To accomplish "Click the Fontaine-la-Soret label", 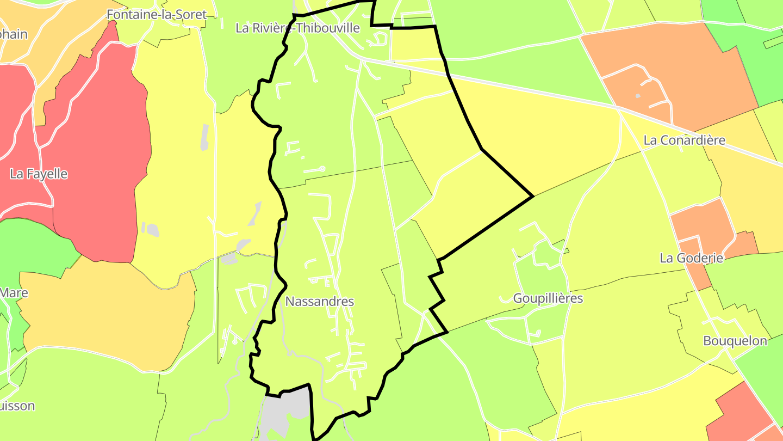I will pyautogui.click(x=157, y=15).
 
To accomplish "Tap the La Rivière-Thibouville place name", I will pyautogui.click(x=297, y=28).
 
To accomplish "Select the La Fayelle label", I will pyautogui.click(x=39, y=174).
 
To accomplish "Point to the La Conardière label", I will pyautogui.click(x=684, y=140).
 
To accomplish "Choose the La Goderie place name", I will pyautogui.click(x=691, y=258).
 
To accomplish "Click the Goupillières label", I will pyautogui.click(x=548, y=298).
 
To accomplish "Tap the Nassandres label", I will pyautogui.click(x=319, y=302).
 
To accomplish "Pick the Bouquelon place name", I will pyautogui.click(x=735, y=341).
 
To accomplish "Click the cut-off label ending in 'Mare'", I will pyautogui.click(x=14, y=293).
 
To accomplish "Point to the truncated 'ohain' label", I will pyautogui.click(x=13, y=34).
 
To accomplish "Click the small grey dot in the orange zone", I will pyautogui.click(x=638, y=96).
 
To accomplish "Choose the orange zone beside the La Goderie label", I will pyautogui.click(x=701, y=223).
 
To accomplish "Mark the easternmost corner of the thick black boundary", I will pyautogui.click(x=533, y=196).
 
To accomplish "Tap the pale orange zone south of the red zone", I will pyautogui.click(x=109, y=316).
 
